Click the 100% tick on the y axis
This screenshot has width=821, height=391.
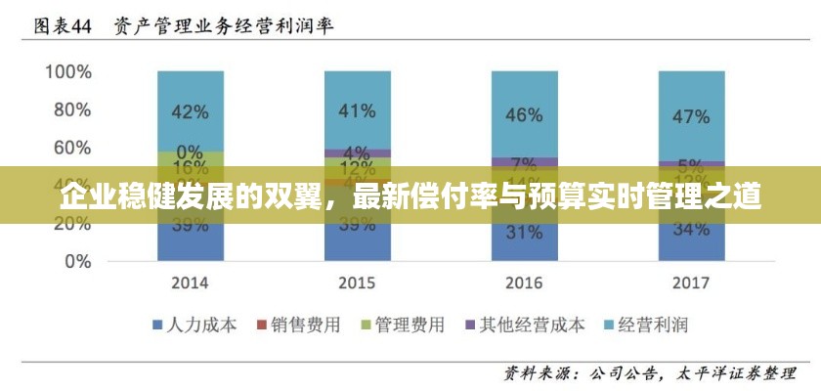(x=67, y=72)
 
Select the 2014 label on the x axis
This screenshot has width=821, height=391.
(x=190, y=283)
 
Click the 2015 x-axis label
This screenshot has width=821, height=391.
(x=357, y=283)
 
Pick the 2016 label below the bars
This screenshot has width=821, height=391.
(x=524, y=283)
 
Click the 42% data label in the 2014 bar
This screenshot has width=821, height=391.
(x=190, y=112)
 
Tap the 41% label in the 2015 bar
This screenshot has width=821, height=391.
(x=357, y=110)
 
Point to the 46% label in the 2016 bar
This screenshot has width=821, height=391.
(x=524, y=115)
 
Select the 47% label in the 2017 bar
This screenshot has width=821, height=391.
(x=691, y=116)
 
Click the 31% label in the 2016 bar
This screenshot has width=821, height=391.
(x=524, y=233)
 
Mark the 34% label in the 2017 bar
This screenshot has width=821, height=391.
(x=691, y=230)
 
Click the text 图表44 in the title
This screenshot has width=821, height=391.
(x=63, y=26)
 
